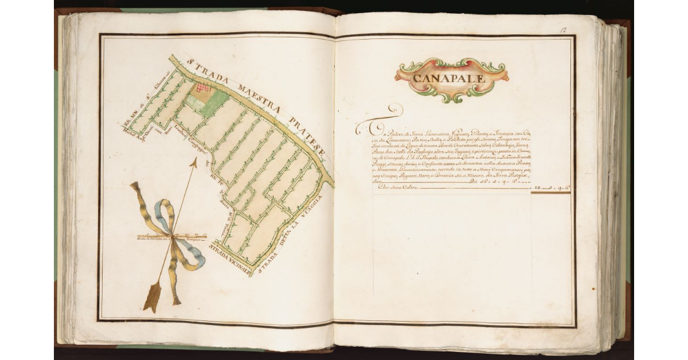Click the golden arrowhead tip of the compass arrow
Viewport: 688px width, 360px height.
point(193,163)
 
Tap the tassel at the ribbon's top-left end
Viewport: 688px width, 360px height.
point(135,187)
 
